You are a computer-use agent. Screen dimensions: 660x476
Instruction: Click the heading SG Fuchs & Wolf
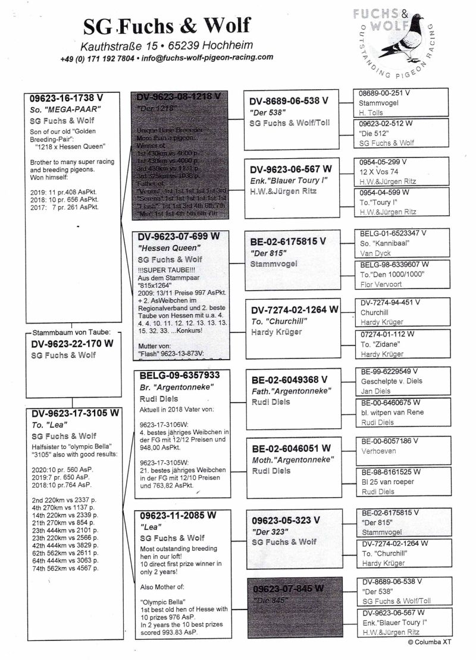pos(166,25)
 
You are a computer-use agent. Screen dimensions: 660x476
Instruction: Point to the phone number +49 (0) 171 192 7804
pos(97,58)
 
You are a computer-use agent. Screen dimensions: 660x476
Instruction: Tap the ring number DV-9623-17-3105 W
pos(75,413)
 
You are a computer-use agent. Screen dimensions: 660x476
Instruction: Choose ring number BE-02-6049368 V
pos(289,379)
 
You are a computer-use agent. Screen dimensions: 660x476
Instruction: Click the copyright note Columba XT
pos(440,642)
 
